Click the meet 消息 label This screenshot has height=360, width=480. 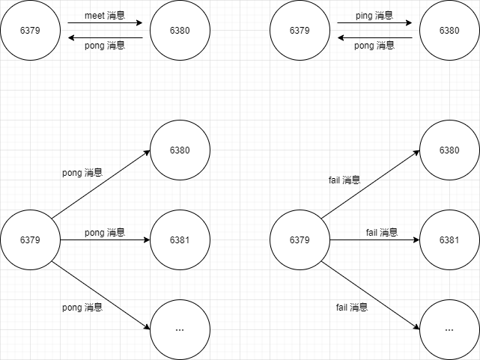click(104, 16)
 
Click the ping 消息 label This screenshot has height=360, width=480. click(374, 16)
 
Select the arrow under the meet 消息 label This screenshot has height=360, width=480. click(105, 23)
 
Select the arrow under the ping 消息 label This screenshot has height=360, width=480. click(374, 23)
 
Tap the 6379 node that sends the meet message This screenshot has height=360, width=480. click(30, 31)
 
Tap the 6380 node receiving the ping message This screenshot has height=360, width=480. click(449, 31)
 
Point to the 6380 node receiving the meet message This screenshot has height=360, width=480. click(180, 31)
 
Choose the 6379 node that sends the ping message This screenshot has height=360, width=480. click(300, 31)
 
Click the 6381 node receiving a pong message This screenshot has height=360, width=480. click(180, 240)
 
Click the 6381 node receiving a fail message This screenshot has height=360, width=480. click(449, 240)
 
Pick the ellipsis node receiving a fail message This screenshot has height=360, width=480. click(449, 330)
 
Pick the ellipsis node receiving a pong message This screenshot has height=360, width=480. click(180, 330)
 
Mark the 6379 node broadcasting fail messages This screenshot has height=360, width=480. click(300, 240)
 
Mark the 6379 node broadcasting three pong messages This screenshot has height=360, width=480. click(30, 240)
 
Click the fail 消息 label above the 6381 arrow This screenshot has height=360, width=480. click(382, 233)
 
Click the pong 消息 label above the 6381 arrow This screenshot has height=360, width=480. click(105, 233)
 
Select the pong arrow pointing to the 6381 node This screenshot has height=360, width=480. click(105, 240)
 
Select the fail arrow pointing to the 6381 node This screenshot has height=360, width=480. click(374, 240)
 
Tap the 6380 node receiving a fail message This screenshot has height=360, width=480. click(449, 150)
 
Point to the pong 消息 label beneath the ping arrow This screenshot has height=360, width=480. click(374, 46)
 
